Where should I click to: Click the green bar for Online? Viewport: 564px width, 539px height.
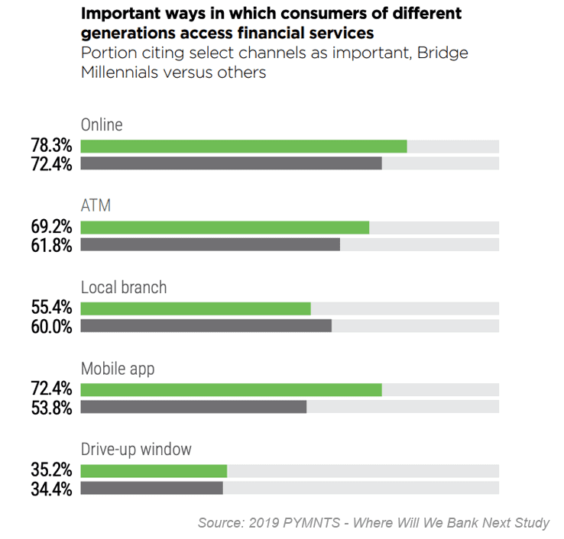click(x=243, y=146)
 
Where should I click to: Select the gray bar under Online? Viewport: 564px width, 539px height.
click(x=231, y=163)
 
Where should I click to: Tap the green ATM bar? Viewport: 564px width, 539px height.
click(x=225, y=228)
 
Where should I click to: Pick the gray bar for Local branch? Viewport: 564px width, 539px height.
click(x=206, y=326)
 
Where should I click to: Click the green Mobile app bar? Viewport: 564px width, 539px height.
click(x=231, y=390)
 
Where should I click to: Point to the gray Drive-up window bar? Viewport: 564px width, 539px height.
click(x=151, y=487)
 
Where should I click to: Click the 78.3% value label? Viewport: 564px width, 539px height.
click(x=52, y=146)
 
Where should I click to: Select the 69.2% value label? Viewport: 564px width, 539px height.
click(x=52, y=228)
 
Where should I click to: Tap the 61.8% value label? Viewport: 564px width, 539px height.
click(x=52, y=245)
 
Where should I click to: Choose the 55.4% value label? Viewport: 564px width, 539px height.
click(x=52, y=308)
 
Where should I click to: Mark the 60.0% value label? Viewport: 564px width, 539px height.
click(x=52, y=327)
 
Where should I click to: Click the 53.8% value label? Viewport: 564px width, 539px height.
click(x=52, y=408)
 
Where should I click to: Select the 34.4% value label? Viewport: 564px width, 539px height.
click(x=52, y=489)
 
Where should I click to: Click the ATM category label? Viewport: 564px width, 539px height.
click(x=96, y=206)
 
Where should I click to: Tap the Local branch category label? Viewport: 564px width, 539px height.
click(x=123, y=288)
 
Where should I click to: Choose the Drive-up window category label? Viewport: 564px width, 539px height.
click(x=136, y=450)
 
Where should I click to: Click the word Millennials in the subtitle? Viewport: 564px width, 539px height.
click(x=122, y=73)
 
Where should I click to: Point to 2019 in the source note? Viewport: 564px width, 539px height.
click(x=263, y=523)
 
